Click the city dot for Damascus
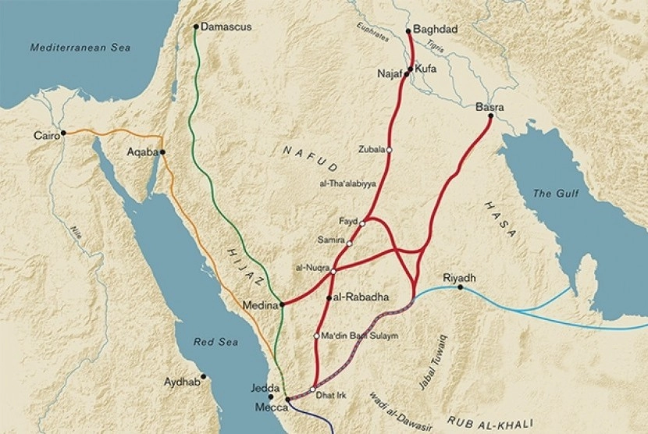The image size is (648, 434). [x=196, y=27]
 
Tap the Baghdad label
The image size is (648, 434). [x=435, y=30]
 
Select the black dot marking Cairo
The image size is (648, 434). [x=64, y=133]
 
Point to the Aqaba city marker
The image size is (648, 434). [x=162, y=152]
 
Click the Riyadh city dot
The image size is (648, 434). [x=461, y=288]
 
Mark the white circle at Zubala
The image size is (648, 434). [x=389, y=150]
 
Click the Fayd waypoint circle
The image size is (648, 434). [x=362, y=223]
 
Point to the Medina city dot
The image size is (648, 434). [x=281, y=304]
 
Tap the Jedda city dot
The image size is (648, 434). [x=271, y=397]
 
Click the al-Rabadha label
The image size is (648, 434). [x=361, y=298]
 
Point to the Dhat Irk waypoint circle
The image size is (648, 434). [x=312, y=390]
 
